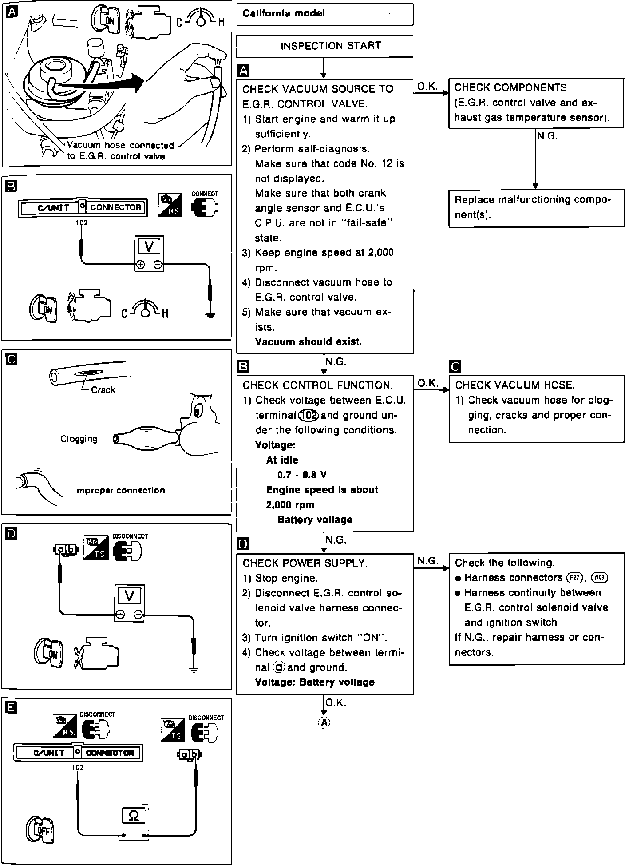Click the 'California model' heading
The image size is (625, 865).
click(x=284, y=13)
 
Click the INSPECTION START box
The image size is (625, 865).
click(x=324, y=46)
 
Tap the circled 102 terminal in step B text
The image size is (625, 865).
click(x=309, y=415)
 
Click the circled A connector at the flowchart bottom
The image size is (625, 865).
click(x=324, y=723)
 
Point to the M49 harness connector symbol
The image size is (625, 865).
click(x=600, y=578)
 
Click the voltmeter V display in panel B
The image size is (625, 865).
click(x=149, y=246)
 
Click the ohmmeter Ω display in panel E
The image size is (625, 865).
click(x=133, y=816)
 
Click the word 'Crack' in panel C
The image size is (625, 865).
click(x=103, y=390)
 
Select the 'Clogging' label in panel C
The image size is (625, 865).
click(x=79, y=439)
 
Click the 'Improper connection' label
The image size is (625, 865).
click(x=119, y=491)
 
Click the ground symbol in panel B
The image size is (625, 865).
click(x=210, y=316)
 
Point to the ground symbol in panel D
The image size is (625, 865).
click(x=194, y=670)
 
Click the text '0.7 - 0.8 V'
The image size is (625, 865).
click(x=302, y=475)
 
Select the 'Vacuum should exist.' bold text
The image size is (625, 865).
click(x=309, y=342)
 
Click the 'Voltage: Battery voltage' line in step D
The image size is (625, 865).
click(x=315, y=682)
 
